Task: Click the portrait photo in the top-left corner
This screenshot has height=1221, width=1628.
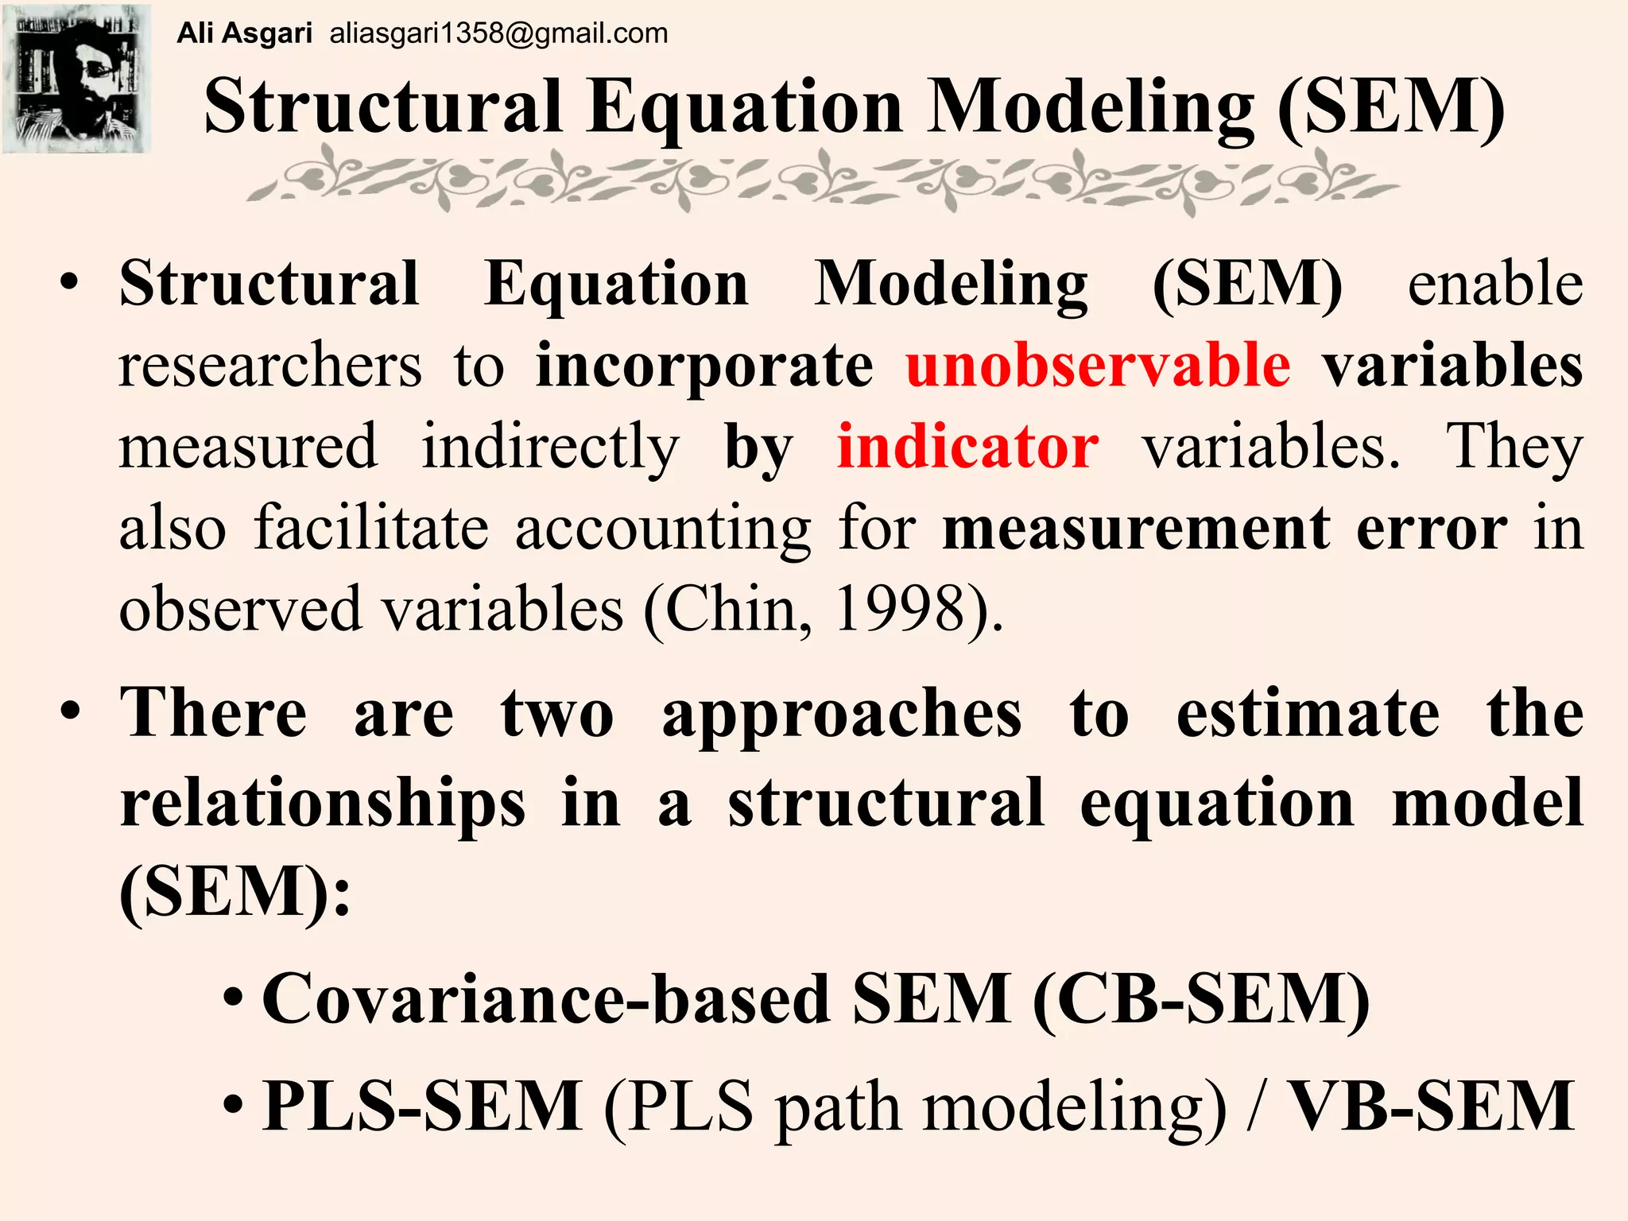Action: [76, 78]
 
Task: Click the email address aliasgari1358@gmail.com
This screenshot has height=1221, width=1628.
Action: [498, 33]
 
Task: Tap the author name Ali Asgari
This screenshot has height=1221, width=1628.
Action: [244, 33]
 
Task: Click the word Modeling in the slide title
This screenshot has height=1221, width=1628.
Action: [1092, 107]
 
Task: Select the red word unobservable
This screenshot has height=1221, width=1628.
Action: [1098, 366]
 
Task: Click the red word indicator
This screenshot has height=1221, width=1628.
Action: [967, 447]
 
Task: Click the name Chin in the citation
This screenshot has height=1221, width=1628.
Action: [735, 609]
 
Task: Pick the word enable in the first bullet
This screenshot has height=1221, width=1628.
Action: [1494, 284]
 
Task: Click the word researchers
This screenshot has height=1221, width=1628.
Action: [270, 366]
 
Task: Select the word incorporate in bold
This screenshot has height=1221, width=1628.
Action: [704, 366]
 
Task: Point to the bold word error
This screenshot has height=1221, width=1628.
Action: [1431, 528]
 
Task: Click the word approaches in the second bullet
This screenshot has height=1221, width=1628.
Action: [842, 714]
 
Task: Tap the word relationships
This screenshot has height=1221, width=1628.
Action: [323, 803]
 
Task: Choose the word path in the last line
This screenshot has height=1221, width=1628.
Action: [839, 1107]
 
